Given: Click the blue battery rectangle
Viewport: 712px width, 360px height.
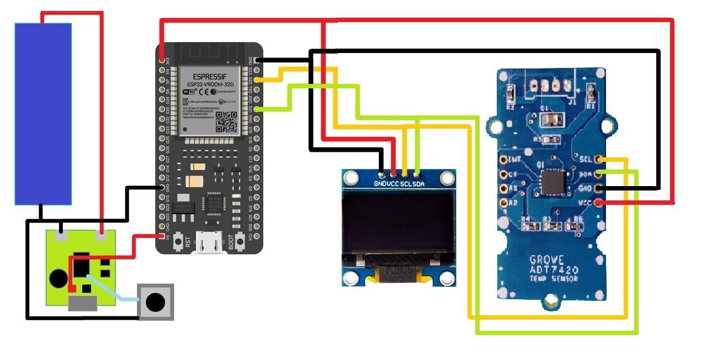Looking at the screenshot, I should (43, 114).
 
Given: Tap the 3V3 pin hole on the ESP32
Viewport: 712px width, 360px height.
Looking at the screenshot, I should (162, 60).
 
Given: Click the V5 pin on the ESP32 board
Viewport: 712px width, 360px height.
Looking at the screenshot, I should (162, 237).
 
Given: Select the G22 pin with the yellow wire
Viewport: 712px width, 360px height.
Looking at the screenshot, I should (258, 80).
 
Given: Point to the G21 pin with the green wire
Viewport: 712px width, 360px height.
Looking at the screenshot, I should (258, 109).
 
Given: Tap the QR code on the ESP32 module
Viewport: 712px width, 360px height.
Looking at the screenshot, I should (226, 121).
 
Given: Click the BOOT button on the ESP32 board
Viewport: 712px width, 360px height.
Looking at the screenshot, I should (240, 241).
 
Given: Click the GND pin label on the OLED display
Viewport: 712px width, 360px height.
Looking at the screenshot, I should (380, 184).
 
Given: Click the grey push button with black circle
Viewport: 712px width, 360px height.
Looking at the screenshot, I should (156, 302).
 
